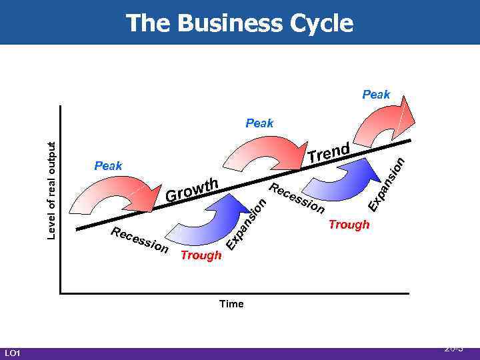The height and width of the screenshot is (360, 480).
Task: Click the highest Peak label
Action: point(376,95)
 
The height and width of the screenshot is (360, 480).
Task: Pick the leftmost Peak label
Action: point(108,165)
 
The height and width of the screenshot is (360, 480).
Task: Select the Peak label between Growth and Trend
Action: point(259,123)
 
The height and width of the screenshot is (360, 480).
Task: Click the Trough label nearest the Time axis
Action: point(201,255)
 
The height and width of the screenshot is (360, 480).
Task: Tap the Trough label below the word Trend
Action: point(349,225)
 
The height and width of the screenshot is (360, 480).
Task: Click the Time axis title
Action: point(231,304)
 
